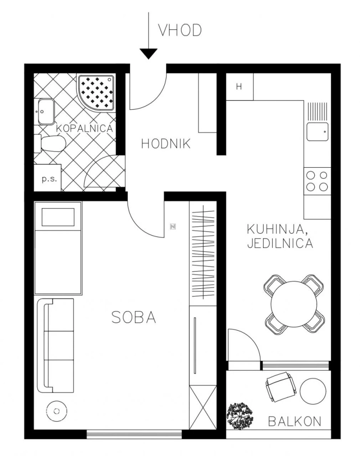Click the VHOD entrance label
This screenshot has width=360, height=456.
pyautogui.click(x=180, y=30)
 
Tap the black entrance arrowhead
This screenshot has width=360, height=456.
pyautogui.click(x=148, y=54)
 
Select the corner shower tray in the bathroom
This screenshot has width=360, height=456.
pyautogui.click(x=96, y=93)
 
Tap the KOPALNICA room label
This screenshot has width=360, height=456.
pyautogui.click(x=84, y=128)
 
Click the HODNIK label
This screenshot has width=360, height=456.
pyautogui.click(x=166, y=144)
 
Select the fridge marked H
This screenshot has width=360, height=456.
pyautogui.click(x=240, y=87)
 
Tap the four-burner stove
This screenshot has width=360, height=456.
pyautogui.click(x=317, y=181)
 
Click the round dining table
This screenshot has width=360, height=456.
pyautogui.click(x=294, y=304)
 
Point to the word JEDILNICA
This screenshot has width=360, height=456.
pyautogui.click(x=280, y=243)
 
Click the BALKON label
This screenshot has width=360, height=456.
pyautogui.click(x=294, y=421)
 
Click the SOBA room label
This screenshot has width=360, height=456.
pyautogui.click(x=134, y=317)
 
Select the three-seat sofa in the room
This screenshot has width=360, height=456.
pyautogui.click(x=55, y=346)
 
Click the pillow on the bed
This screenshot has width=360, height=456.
pyautogui.click(x=58, y=217)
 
